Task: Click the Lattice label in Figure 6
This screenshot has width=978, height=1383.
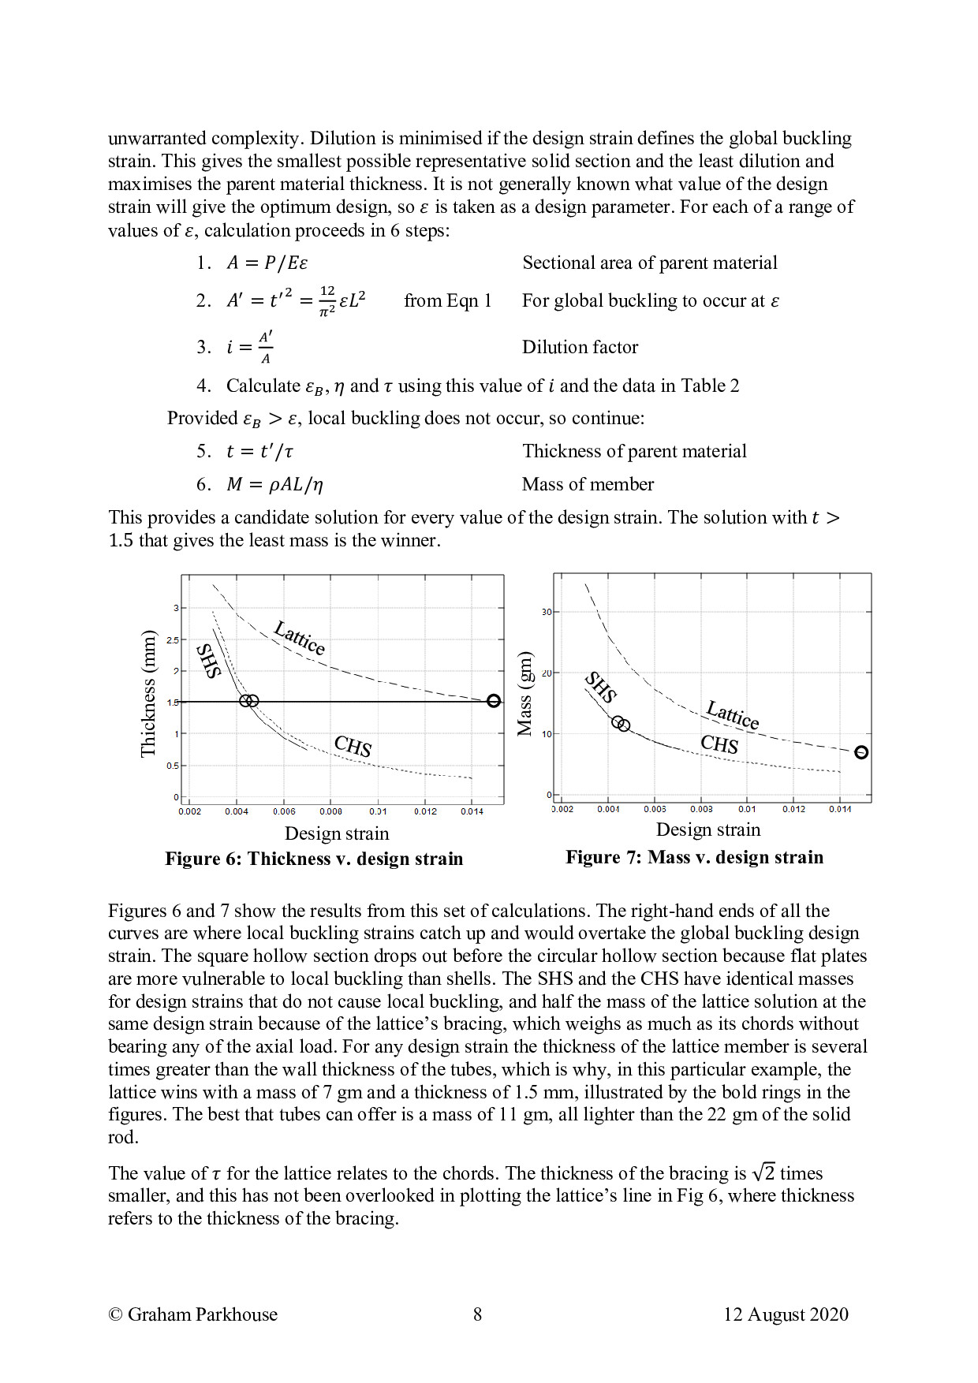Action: pyautogui.click(x=300, y=638)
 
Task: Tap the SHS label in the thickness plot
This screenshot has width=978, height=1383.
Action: pyautogui.click(x=208, y=661)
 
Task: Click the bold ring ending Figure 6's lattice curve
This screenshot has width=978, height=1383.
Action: pyautogui.click(x=494, y=700)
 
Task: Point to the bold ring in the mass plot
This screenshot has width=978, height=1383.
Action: pyautogui.click(x=861, y=752)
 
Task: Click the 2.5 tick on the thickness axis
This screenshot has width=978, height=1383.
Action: pyautogui.click(x=173, y=639)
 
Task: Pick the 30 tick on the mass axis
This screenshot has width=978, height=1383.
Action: pyautogui.click(x=546, y=612)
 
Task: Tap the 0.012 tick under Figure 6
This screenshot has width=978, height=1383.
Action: pyautogui.click(x=425, y=811)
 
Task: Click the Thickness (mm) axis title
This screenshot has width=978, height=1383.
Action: pyautogui.click(x=148, y=693)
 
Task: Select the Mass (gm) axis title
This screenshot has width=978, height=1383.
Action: pyautogui.click(x=524, y=694)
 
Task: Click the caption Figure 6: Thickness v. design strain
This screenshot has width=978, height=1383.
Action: pyautogui.click(x=314, y=859)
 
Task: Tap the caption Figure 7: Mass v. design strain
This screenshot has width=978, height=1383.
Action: pyautogui.click(x=694, y=857)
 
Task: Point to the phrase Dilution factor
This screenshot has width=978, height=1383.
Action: pyautogui.click(x=580, y=347)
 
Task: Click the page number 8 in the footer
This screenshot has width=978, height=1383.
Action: pyautogui.click(x=477, y=1314)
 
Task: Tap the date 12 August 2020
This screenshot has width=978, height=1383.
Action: pyautogui.click(x=786, y=1314)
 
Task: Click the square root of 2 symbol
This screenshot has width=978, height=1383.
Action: pyautogui.click(x=763, y=1172)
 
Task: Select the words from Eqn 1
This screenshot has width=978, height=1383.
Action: pyautogui.click(x=447, y=300)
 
